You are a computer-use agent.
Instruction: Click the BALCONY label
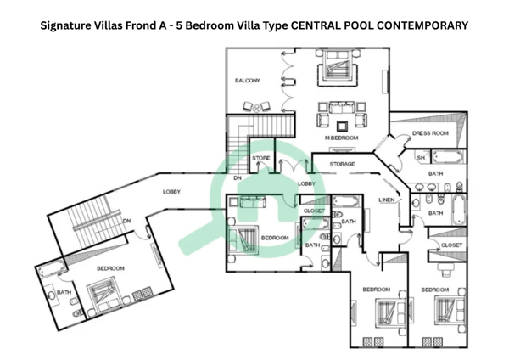[x=248, y=81]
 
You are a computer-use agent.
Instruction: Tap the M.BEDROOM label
[x=342, y=138]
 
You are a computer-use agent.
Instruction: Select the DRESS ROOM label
[x=430, y=133]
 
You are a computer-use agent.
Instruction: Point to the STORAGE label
[x=342, y=164]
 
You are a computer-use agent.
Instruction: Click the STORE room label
[x=261, y=158]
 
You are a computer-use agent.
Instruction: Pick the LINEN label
[x=387, y=200]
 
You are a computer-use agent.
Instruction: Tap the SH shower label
[x=421, y=158]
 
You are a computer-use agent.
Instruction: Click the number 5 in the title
[x=178, y=25]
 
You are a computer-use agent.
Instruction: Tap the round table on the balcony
[x=257, y=108]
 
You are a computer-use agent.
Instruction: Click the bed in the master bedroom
[x=338, y=67]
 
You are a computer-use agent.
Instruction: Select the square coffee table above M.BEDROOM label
[x=342, y=126]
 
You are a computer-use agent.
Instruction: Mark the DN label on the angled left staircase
[x=127, y=221]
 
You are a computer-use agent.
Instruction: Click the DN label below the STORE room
[x=238, y=178]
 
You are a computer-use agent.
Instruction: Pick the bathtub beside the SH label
[x=447, y=157]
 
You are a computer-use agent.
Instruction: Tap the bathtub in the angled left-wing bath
[x=52, y=268]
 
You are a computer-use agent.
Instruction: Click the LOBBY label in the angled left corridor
[x=171, y=192]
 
